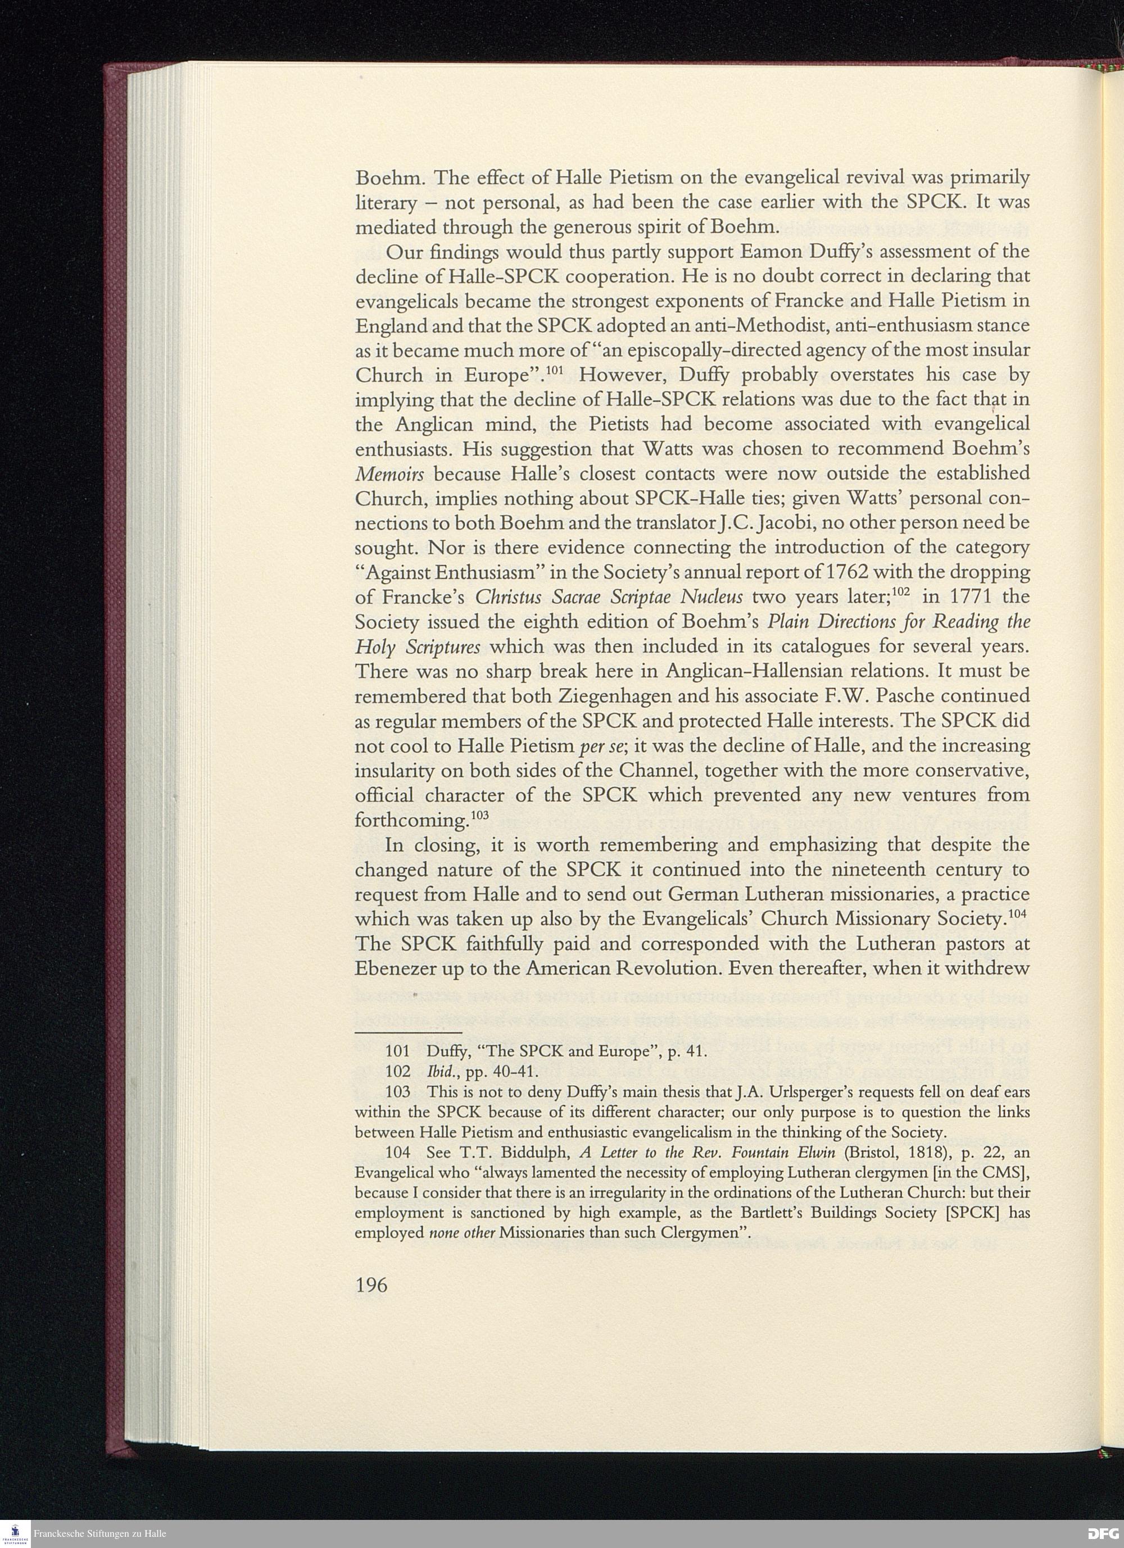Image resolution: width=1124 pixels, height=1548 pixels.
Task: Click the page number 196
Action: (x=371, y=1285)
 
